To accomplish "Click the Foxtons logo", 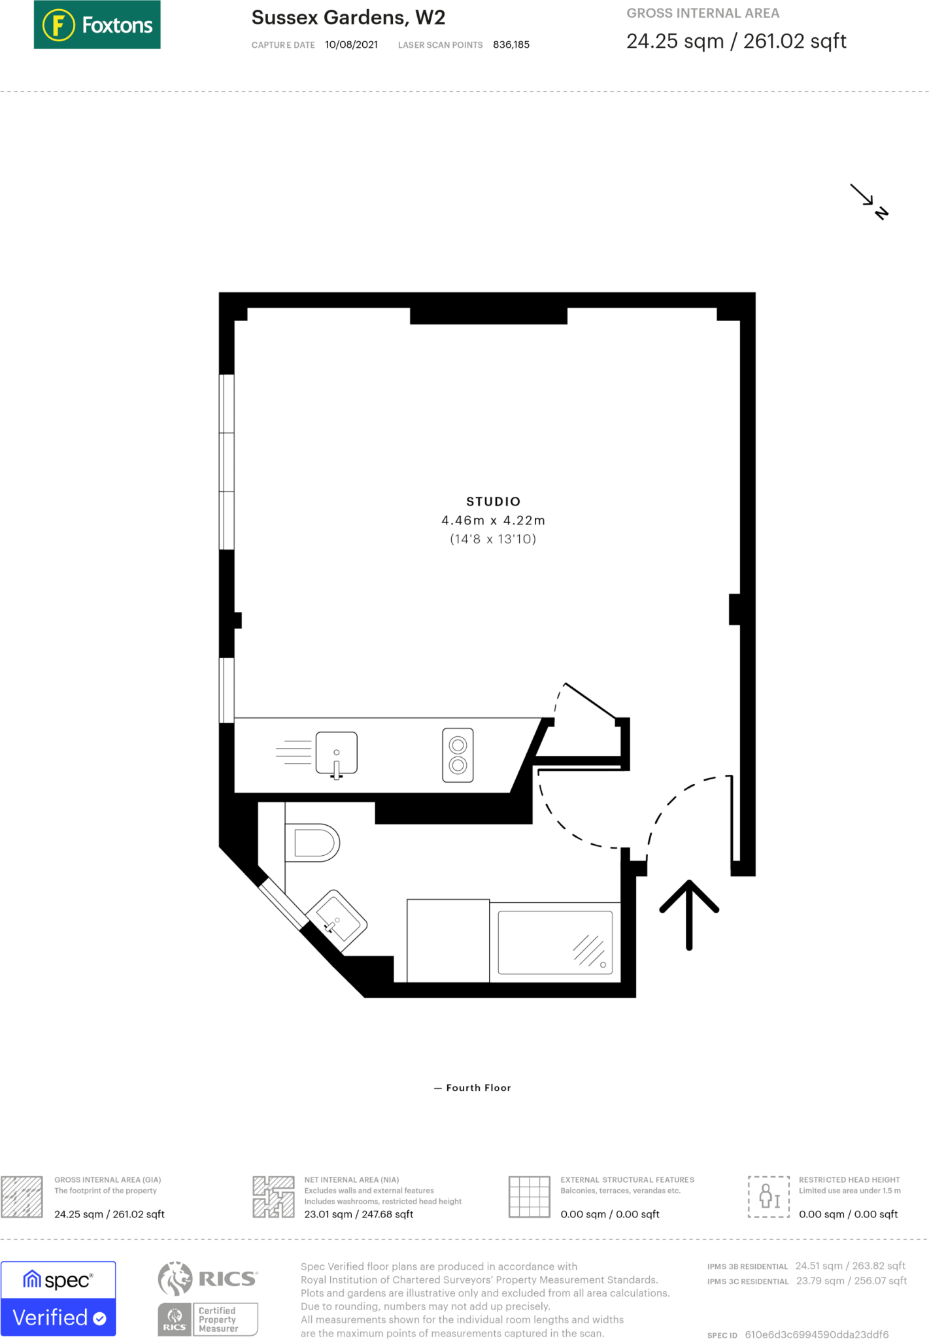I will click(x=97, y=25).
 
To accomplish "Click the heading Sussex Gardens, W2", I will click(x=348, y=18).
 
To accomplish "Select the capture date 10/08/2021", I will click(x=351, y=45).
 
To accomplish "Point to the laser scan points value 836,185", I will click(x=511, y=45).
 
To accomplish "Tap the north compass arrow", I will click(x=869, y=201).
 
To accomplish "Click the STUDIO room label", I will click(x=493, y=501).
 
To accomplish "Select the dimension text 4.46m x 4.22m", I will click(x=493, y=520).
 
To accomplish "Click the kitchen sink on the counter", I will click(x=336, y=753).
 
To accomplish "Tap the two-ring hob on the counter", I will click(x=458, y=754).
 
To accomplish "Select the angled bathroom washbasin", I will click(x=337, y=921).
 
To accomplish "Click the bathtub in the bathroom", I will click(x=554, y=942).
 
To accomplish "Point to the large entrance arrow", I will click(x=689, y=913).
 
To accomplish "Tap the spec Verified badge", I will click(x=58, y=1298).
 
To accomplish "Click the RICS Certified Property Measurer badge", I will click(x=208, y=1298).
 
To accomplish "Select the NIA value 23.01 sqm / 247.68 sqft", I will click(x=358, y=1214).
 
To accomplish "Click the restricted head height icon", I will click(x=768, y=1196).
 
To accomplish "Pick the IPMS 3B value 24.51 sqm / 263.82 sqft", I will click(x=850, y=1266).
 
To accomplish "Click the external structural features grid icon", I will click(x=529, y=1196).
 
